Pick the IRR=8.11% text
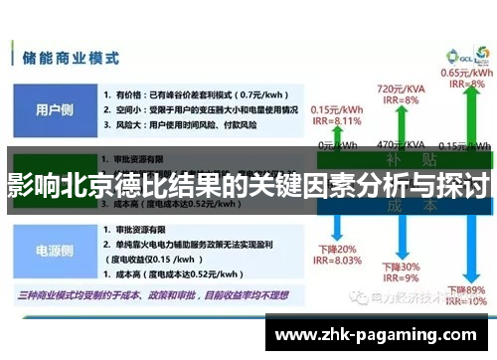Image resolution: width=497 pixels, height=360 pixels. click(336, 119)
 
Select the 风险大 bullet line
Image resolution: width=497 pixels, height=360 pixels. click(180, 126)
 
